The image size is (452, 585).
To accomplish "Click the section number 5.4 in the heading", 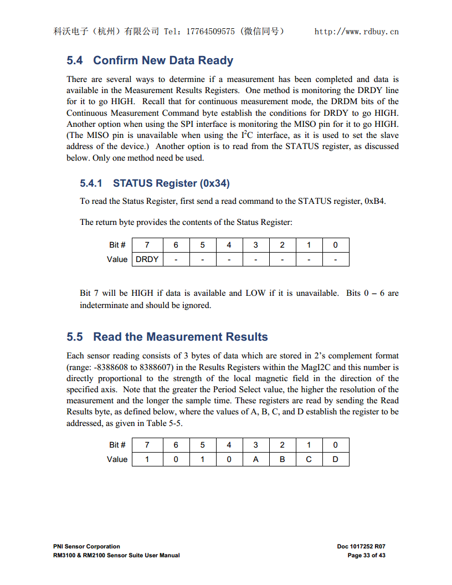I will (75, 60).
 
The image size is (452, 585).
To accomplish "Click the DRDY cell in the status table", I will (147, 259).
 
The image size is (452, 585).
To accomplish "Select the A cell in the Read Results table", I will (256, 459).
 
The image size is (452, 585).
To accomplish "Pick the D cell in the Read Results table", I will (336, 459).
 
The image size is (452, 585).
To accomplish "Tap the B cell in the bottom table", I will (282, 459).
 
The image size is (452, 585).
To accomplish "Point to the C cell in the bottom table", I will (309, 459).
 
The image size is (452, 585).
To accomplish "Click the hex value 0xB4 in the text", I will (374, 201).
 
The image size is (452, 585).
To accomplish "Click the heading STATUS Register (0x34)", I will (171, 183).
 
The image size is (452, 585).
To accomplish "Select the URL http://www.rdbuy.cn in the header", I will (356, 32).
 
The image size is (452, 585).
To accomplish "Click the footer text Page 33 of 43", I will (366, 555).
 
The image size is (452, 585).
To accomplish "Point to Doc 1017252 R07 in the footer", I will (361, 546).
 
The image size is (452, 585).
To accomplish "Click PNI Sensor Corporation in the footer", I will (86, 546).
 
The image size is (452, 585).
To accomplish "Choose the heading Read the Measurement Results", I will (180, 337).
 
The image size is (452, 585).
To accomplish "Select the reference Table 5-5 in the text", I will (163, 423).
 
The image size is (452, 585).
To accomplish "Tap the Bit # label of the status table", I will (117, 245).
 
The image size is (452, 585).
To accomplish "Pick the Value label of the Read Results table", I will (117, 459).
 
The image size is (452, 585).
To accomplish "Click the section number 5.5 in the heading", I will (75, 337).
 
